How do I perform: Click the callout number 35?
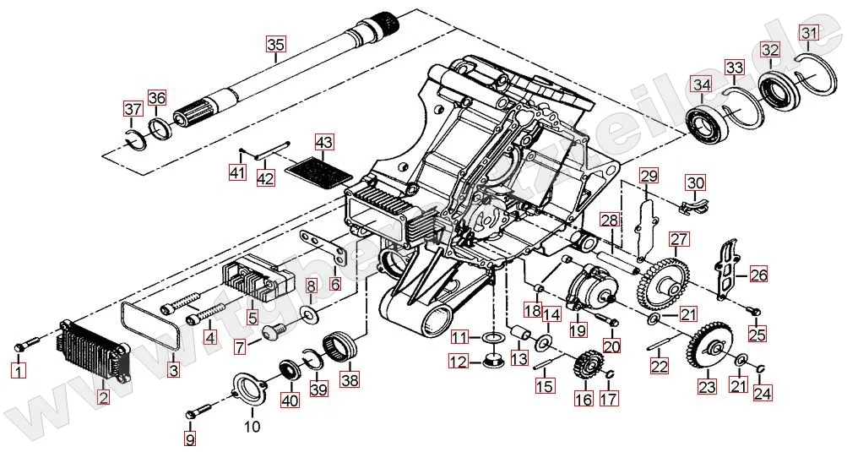(277, 45)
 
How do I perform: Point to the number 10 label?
(252, 427)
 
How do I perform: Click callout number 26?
(757, 275)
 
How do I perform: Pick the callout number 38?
(349, 380)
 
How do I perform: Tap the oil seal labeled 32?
(778, 90)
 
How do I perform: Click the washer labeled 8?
(312, 316)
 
